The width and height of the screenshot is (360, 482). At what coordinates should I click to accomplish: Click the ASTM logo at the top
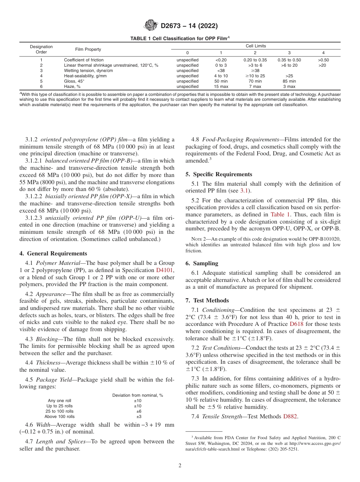click(x=152, y=26)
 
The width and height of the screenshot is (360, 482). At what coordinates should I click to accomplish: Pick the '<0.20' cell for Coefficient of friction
click(x=221, y=60)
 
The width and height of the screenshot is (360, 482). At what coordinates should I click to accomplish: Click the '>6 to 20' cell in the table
click(x=289, y=65)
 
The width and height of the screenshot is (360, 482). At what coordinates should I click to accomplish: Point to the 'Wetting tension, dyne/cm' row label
click(x=88, y=70)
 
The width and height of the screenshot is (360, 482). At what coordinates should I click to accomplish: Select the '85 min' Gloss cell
click(x=289, y=81)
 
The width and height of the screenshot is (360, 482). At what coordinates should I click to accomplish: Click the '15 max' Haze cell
click(x=221, y=86)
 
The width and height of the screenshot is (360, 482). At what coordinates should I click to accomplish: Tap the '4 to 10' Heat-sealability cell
click(x=221, y=76)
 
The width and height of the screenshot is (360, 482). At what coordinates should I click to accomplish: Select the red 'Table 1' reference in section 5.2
click(x=280, y=214)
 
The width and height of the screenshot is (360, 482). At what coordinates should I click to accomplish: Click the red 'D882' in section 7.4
click(x=290, y=416)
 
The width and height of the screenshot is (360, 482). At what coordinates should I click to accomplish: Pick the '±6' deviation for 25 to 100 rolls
click(x=139, y=411)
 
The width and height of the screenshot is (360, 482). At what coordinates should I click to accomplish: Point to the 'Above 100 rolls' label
click(x=60, y=416)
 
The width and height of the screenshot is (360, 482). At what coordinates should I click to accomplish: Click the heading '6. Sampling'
click(x=202, y=263)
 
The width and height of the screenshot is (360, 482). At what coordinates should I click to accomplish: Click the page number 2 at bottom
click(x=180, y=466)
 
